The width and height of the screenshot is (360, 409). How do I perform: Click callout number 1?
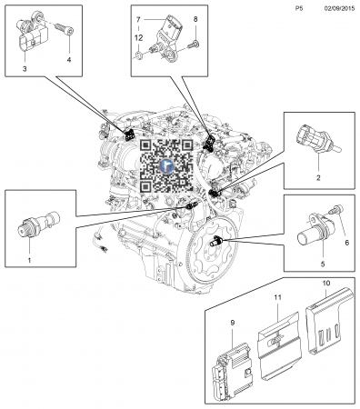[29, 260]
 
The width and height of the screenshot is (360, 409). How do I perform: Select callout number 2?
[318, 178]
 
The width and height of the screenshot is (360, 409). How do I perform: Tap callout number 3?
[25, 68]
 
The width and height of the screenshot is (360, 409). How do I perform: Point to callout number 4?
[69, 60]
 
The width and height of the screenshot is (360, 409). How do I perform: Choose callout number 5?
[323, 264]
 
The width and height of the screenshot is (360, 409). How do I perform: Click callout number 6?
[347, 243]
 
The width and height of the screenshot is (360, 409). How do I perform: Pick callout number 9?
[233, 323]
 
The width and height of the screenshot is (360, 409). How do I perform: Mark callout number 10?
[326, 284]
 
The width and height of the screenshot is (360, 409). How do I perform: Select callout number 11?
[277, 297]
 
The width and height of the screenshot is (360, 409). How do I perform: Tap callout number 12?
[138, 38]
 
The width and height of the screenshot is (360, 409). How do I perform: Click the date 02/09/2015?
[339, 9]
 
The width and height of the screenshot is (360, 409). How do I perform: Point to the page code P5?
[299, 9]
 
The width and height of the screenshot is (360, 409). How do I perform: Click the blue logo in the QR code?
[166, 165]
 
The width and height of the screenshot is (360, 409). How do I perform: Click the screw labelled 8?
[193, 45]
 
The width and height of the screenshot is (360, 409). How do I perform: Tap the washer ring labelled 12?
[139, 55]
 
